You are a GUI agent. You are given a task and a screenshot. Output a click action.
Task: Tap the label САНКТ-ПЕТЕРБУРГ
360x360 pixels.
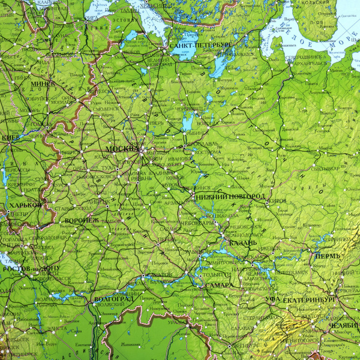200,45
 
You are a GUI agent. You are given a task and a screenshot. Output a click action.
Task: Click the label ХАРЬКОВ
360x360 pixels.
24,205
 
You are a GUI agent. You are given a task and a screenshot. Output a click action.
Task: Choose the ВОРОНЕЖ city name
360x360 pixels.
82,221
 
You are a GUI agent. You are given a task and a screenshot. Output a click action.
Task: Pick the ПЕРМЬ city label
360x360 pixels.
327,256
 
